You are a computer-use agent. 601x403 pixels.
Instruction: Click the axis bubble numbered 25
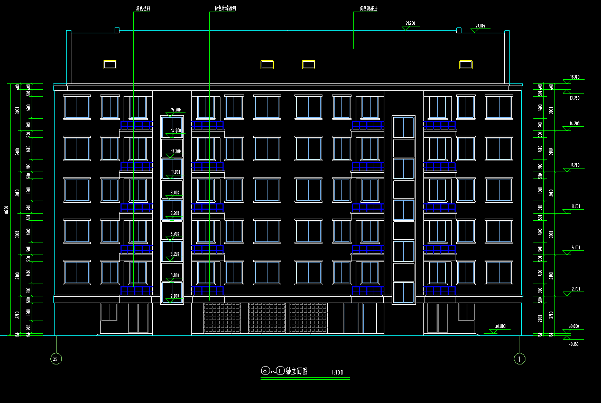[x=55, y=359]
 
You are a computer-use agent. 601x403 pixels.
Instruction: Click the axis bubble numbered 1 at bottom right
[x=520, y=359]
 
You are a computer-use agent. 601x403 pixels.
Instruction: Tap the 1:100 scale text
[x=337, y=373]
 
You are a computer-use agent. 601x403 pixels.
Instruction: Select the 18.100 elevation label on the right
[x=575, y=77]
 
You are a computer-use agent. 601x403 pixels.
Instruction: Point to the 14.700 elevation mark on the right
[x=574, y=124]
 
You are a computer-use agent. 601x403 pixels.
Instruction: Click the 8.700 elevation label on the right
[x=574, y=206]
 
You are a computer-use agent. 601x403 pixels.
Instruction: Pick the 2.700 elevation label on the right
[x=574, y=289]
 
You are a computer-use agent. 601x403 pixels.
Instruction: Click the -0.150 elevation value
[x=574, y=344]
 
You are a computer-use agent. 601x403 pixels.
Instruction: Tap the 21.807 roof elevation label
[x=480, y=25]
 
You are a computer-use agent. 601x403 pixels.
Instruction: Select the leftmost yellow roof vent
[x=109, y=64]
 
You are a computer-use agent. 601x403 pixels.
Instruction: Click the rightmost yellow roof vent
[x=465, y=64]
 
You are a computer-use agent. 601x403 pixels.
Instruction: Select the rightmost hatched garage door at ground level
[x=308, y=318]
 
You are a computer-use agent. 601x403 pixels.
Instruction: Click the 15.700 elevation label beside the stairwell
[x=175, y=110]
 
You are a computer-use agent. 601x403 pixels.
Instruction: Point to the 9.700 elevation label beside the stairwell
[x=175, y=192]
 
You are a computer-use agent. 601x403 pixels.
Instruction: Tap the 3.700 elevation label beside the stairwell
[x=175, y=275]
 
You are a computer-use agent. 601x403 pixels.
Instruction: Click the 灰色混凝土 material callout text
[x=368, y=9]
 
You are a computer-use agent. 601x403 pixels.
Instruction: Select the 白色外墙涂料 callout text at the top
[x=225, y=9]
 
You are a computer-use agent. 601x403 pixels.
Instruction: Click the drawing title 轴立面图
[x=296, y=371]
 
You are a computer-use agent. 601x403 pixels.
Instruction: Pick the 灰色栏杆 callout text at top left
[x=143, y=9]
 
